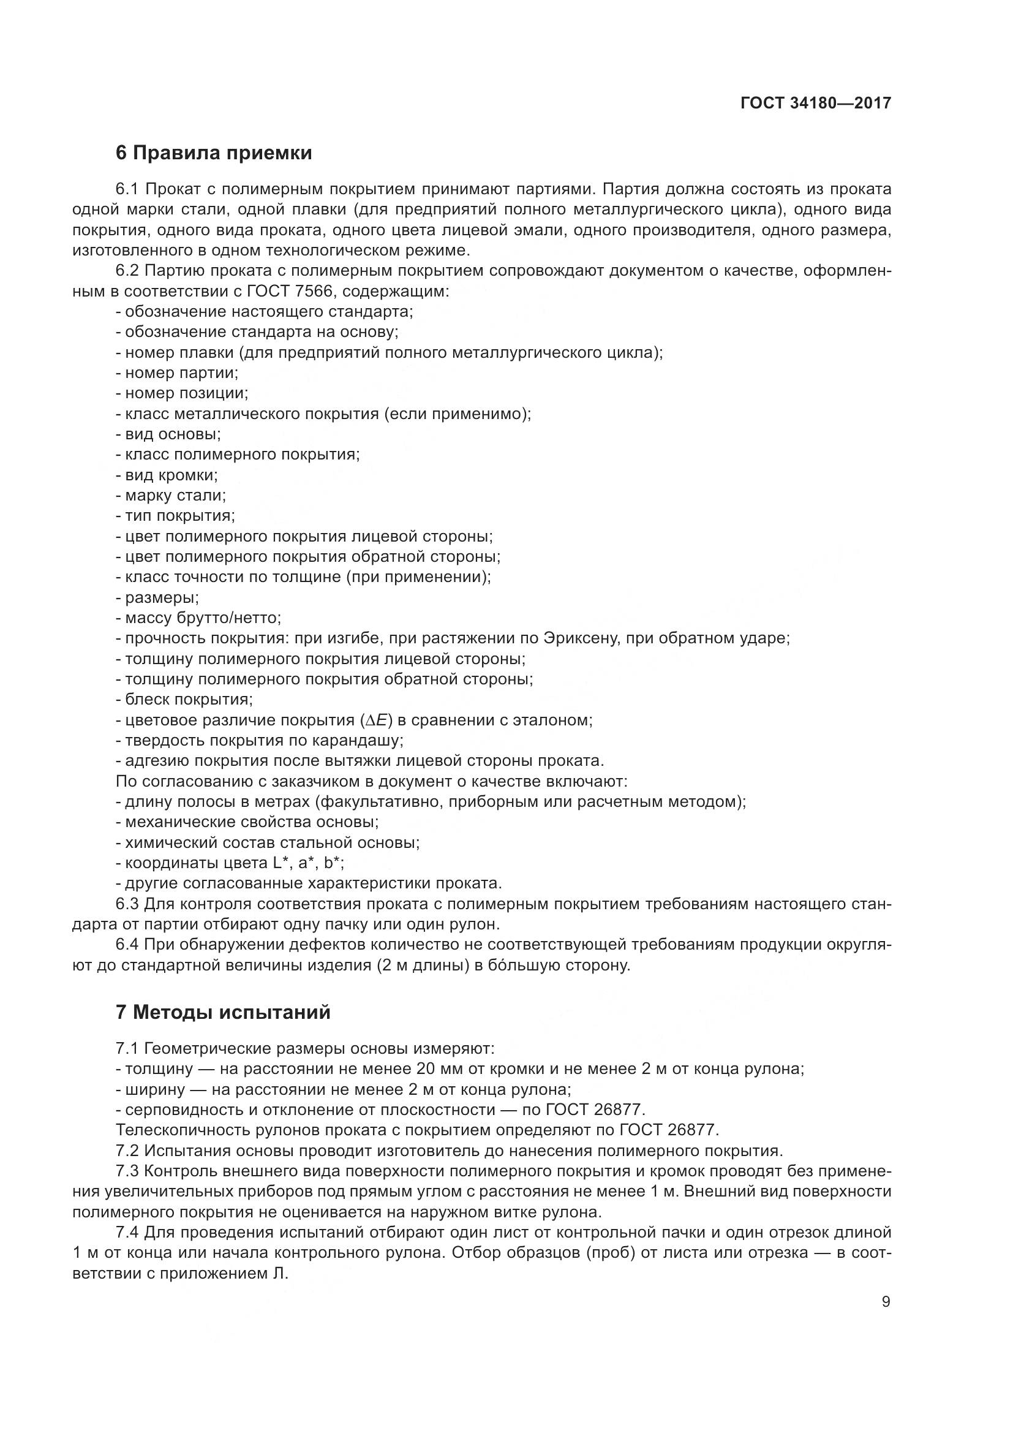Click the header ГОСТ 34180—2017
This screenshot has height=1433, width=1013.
(x=815, y=103)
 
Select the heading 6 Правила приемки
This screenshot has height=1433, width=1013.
(x=214, y=153)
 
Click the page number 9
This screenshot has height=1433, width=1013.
(x=886, y=1301)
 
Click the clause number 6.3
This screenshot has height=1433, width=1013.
(x=128, y=904)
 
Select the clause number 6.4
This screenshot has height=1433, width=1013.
(x=128, y=944)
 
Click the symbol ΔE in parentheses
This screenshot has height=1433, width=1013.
(x=376, y=720)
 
